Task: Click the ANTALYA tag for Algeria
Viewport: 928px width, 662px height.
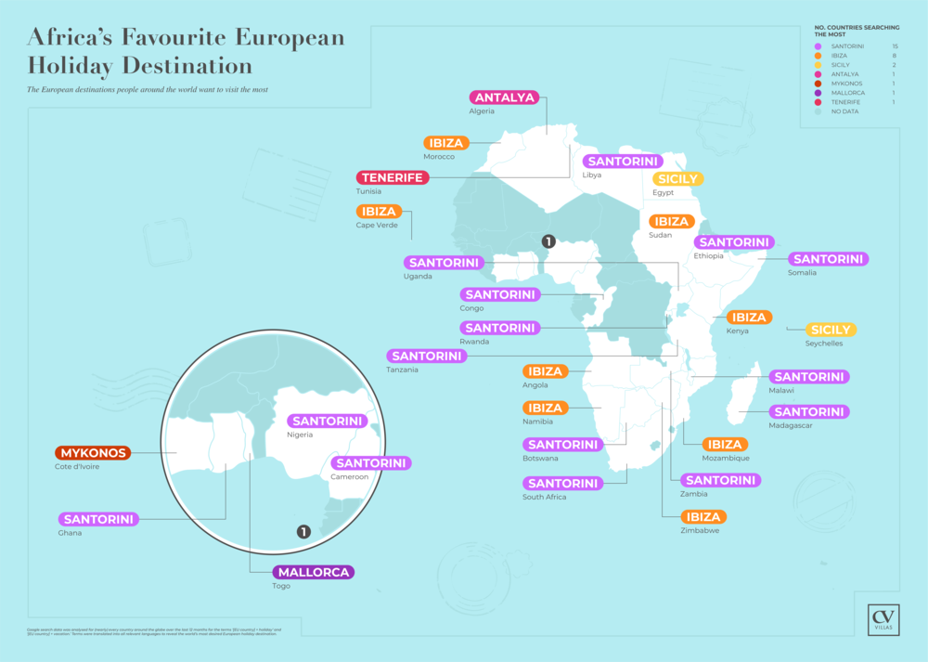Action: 507,97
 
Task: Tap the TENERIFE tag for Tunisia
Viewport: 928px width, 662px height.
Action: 393,177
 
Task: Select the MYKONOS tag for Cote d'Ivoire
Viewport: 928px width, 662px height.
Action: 93,453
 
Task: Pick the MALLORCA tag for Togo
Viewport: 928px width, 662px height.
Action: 314,572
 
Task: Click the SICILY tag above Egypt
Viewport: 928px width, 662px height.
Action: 677,179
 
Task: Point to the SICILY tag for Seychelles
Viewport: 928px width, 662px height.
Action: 831,330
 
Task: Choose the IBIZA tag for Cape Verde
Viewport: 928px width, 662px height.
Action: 380,212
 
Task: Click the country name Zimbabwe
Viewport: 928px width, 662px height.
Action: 701,531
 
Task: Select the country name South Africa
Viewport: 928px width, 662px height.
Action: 547,497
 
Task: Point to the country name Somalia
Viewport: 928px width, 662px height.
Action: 802,272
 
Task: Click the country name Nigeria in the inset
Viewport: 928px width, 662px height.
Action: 301,435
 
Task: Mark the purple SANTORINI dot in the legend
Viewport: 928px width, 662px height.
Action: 817,46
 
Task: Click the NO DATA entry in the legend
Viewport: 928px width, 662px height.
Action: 844,111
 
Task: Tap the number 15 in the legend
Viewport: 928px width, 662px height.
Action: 894,46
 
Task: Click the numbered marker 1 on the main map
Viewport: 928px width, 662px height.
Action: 548,241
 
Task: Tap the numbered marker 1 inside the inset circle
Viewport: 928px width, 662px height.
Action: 303,532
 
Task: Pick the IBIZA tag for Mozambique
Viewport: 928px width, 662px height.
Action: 725,445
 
